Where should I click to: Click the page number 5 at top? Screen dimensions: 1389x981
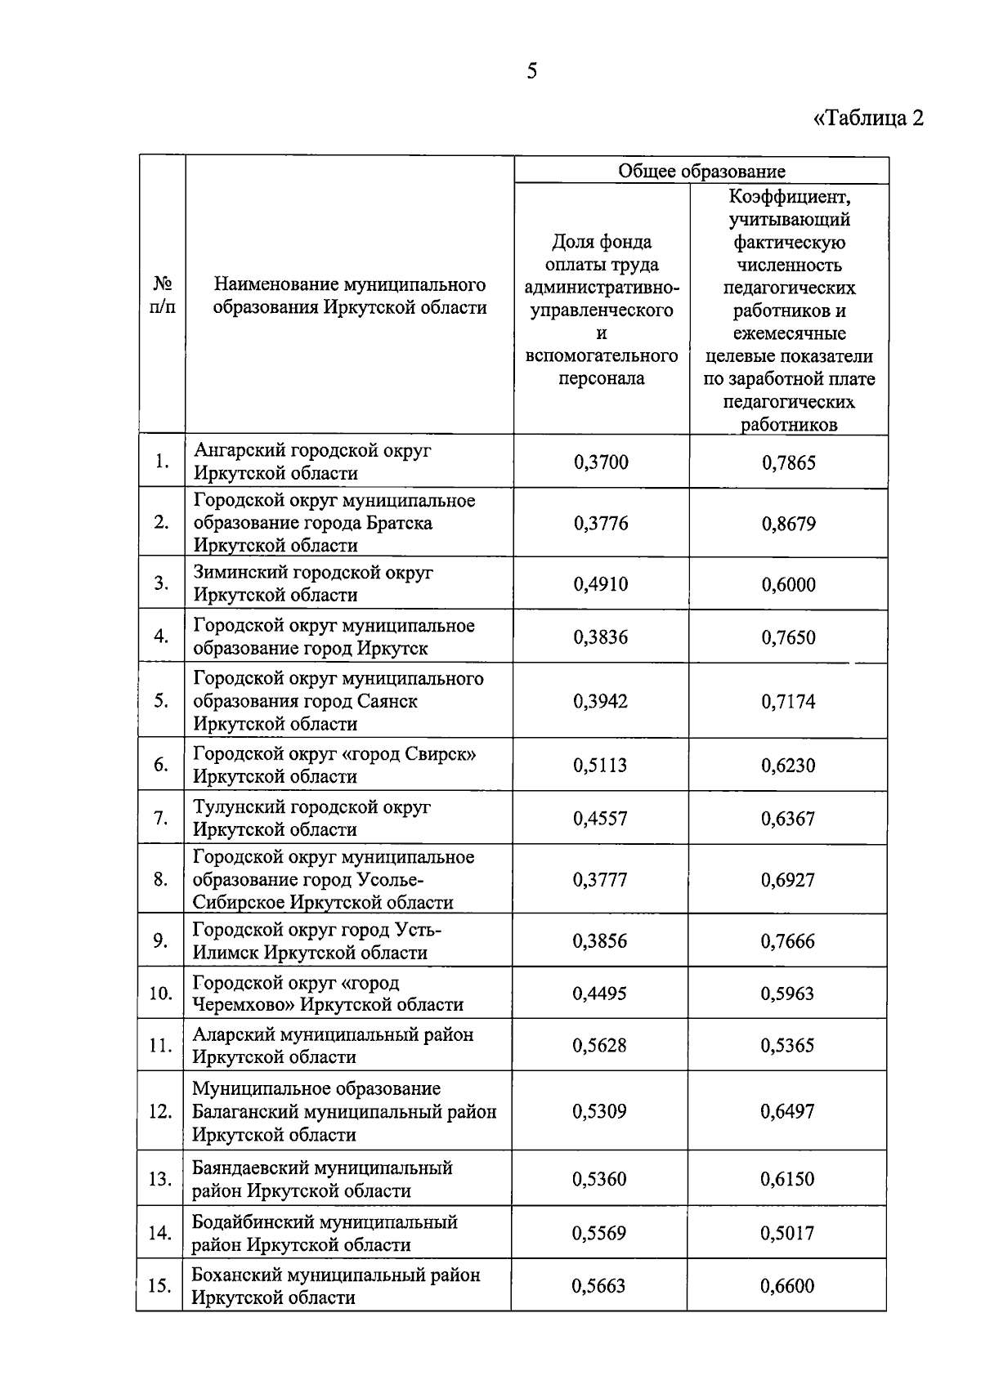(532, 72)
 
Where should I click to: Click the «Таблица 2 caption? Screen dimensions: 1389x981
(868, 118)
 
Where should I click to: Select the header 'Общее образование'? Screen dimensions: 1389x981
(701, 171)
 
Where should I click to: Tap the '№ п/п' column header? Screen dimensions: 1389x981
(163, 296)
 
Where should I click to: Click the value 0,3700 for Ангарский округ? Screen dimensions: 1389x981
(601, 462)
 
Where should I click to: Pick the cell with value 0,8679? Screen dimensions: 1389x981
(788, 524)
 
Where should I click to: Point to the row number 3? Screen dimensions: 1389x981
(161, 583)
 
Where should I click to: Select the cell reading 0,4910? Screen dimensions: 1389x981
(601, 584)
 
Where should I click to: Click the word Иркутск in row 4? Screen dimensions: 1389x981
(392, 649)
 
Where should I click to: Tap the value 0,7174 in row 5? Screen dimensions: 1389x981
(788, 702)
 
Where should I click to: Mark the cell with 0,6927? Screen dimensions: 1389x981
(788, 880)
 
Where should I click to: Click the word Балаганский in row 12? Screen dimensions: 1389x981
(245, 1112)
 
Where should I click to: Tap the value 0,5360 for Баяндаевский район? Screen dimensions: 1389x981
(599, 1179)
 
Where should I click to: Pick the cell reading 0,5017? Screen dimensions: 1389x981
(787, 1233)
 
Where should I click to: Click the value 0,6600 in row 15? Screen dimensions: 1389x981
(787, 1286)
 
